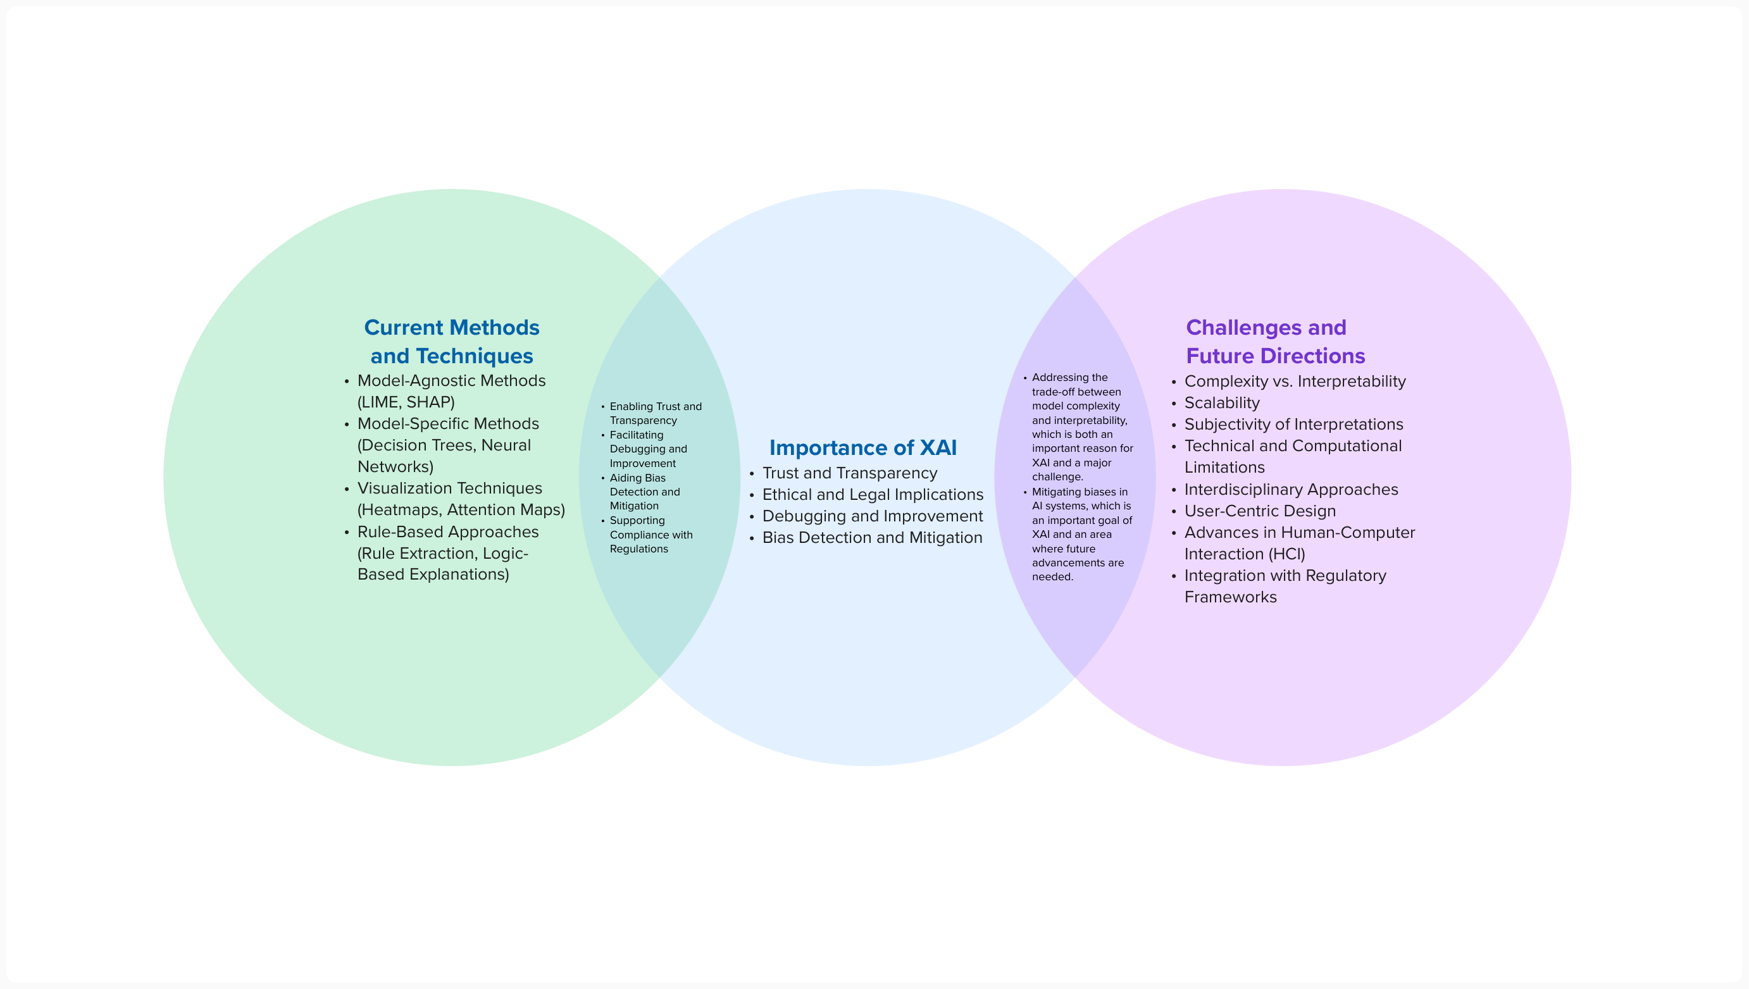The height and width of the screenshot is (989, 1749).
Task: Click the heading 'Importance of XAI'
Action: pyautogui.click(x=862, y=447)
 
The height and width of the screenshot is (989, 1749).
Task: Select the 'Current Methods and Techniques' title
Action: pyautogui.click(x=452, y=342)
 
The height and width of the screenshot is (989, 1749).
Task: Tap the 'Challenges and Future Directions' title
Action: pyautogui.click(x=1275, y=342)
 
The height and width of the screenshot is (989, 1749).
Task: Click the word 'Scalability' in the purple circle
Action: pyautogui.click(x=1222, y=403)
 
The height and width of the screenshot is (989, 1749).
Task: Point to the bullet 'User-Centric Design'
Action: pyautogui.click(x=1260, y=511)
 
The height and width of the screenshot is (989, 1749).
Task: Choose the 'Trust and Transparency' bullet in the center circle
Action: pyautogui.click(x=850, y=473)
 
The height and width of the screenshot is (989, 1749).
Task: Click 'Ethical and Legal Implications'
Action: pyautogui.click(x=873, y=495)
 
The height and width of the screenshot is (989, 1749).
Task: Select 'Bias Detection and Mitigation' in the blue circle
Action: pyautogui.click(x=872, y=537)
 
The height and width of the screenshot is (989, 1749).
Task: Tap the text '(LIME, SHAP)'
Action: pyautogui.click(x=406, y=402)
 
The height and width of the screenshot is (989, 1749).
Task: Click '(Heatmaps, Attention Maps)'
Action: pyautogui.click(x=461, y=509)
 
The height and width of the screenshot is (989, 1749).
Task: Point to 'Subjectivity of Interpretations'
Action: pyautogui.click(x=1293, y=425)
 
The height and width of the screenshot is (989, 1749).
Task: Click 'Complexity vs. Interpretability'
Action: pyautogui.click(x=1295, y=381)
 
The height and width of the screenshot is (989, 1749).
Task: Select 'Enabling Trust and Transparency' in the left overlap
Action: pyautogui.click(x=655, y=413)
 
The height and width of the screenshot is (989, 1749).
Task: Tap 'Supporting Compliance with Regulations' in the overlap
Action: pyautogui.click(x=650, y=535)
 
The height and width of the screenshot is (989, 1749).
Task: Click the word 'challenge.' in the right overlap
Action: pyautogui.click(x=1057, y=477)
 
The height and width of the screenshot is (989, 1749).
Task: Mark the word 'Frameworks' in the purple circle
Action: pyautogui.click(x=1230, y=597)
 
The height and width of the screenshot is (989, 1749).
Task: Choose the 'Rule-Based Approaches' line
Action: pyautogui.click(x=447, y=532)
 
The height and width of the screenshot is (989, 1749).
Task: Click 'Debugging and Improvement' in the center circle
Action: pyautogui.click(x=872, y=516)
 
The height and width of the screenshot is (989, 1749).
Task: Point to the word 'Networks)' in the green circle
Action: pyautogui.click(x=395, y=466)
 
